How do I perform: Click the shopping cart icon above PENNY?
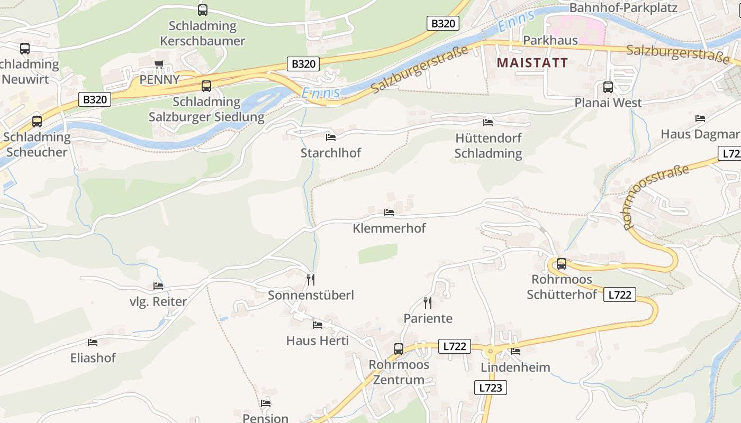[x=159, y=65]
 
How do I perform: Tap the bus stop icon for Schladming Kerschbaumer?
[x=203, y=10]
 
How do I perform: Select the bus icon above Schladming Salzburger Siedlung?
[x=206, y=86]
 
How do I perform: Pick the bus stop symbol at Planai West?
[x=608, y=87]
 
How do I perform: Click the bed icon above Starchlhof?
[x=331, y=137]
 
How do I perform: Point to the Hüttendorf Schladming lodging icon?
[x=488, y=123]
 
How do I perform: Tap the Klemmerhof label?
[x=389, y=228]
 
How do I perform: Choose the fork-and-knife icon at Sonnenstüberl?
[x=311, y=279]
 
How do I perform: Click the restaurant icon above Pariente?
[x=428, y=303]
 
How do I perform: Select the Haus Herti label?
[x=318, y=341]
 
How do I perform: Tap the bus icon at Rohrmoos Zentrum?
[x=399, y=349]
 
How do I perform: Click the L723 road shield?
[x=490, y=388]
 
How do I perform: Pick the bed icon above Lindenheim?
[x=516, y=352]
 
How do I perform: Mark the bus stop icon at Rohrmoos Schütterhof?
[x=562, y=263]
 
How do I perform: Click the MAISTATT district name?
[x=532, y=63]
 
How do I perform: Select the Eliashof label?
[x=93, y=358]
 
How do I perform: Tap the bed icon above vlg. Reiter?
[x=158, y=286]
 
